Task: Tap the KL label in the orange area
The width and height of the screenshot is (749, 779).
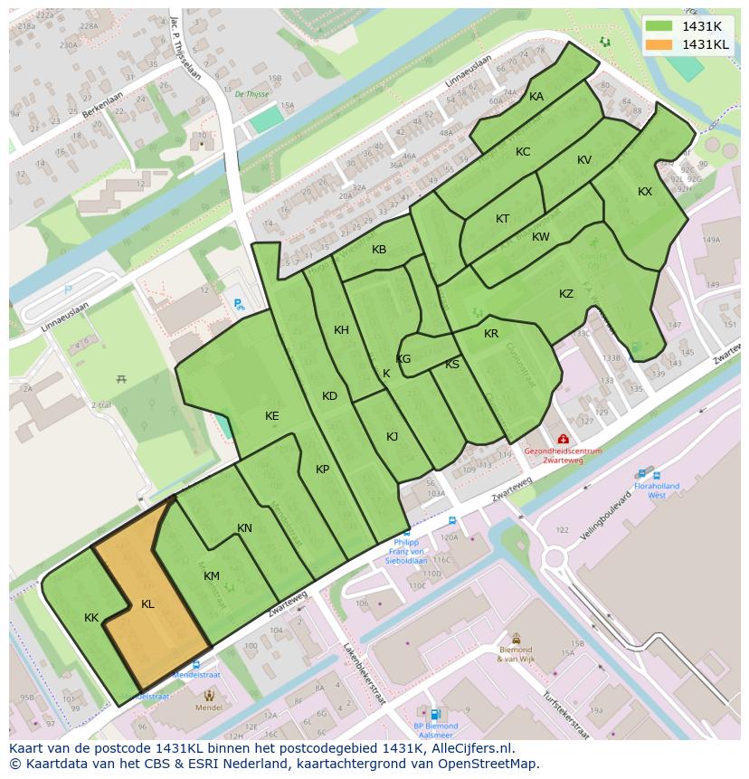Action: [x=147, y=604]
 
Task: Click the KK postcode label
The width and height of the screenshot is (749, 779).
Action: [x=91, y=618]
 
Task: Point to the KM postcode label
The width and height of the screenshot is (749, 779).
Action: [x=212, y=576]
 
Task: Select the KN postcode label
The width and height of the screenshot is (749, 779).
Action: [x=244, y=528]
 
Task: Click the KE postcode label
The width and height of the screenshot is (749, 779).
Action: [x=272, y=416]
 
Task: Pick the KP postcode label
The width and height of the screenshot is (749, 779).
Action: [x=323, y=469]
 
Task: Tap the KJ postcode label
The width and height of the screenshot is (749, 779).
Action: [x=393, y=436]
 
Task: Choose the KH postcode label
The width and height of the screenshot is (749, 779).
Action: [x=341, y=330]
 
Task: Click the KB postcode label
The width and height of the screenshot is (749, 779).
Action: [x=379, y=250]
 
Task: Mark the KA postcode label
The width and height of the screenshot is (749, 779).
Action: [x=536, y=97]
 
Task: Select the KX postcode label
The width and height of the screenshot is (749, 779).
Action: [x=645, y=192]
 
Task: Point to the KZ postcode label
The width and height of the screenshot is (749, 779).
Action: [x=566, y=294]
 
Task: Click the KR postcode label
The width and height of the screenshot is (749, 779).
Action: [x=491, y=334]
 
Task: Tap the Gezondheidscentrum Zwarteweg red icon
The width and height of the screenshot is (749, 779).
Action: [x=563, y=439]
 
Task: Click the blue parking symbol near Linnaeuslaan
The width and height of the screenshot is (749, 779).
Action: [x=67, y=290]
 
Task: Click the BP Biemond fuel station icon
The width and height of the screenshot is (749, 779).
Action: [x=436, y=714]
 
